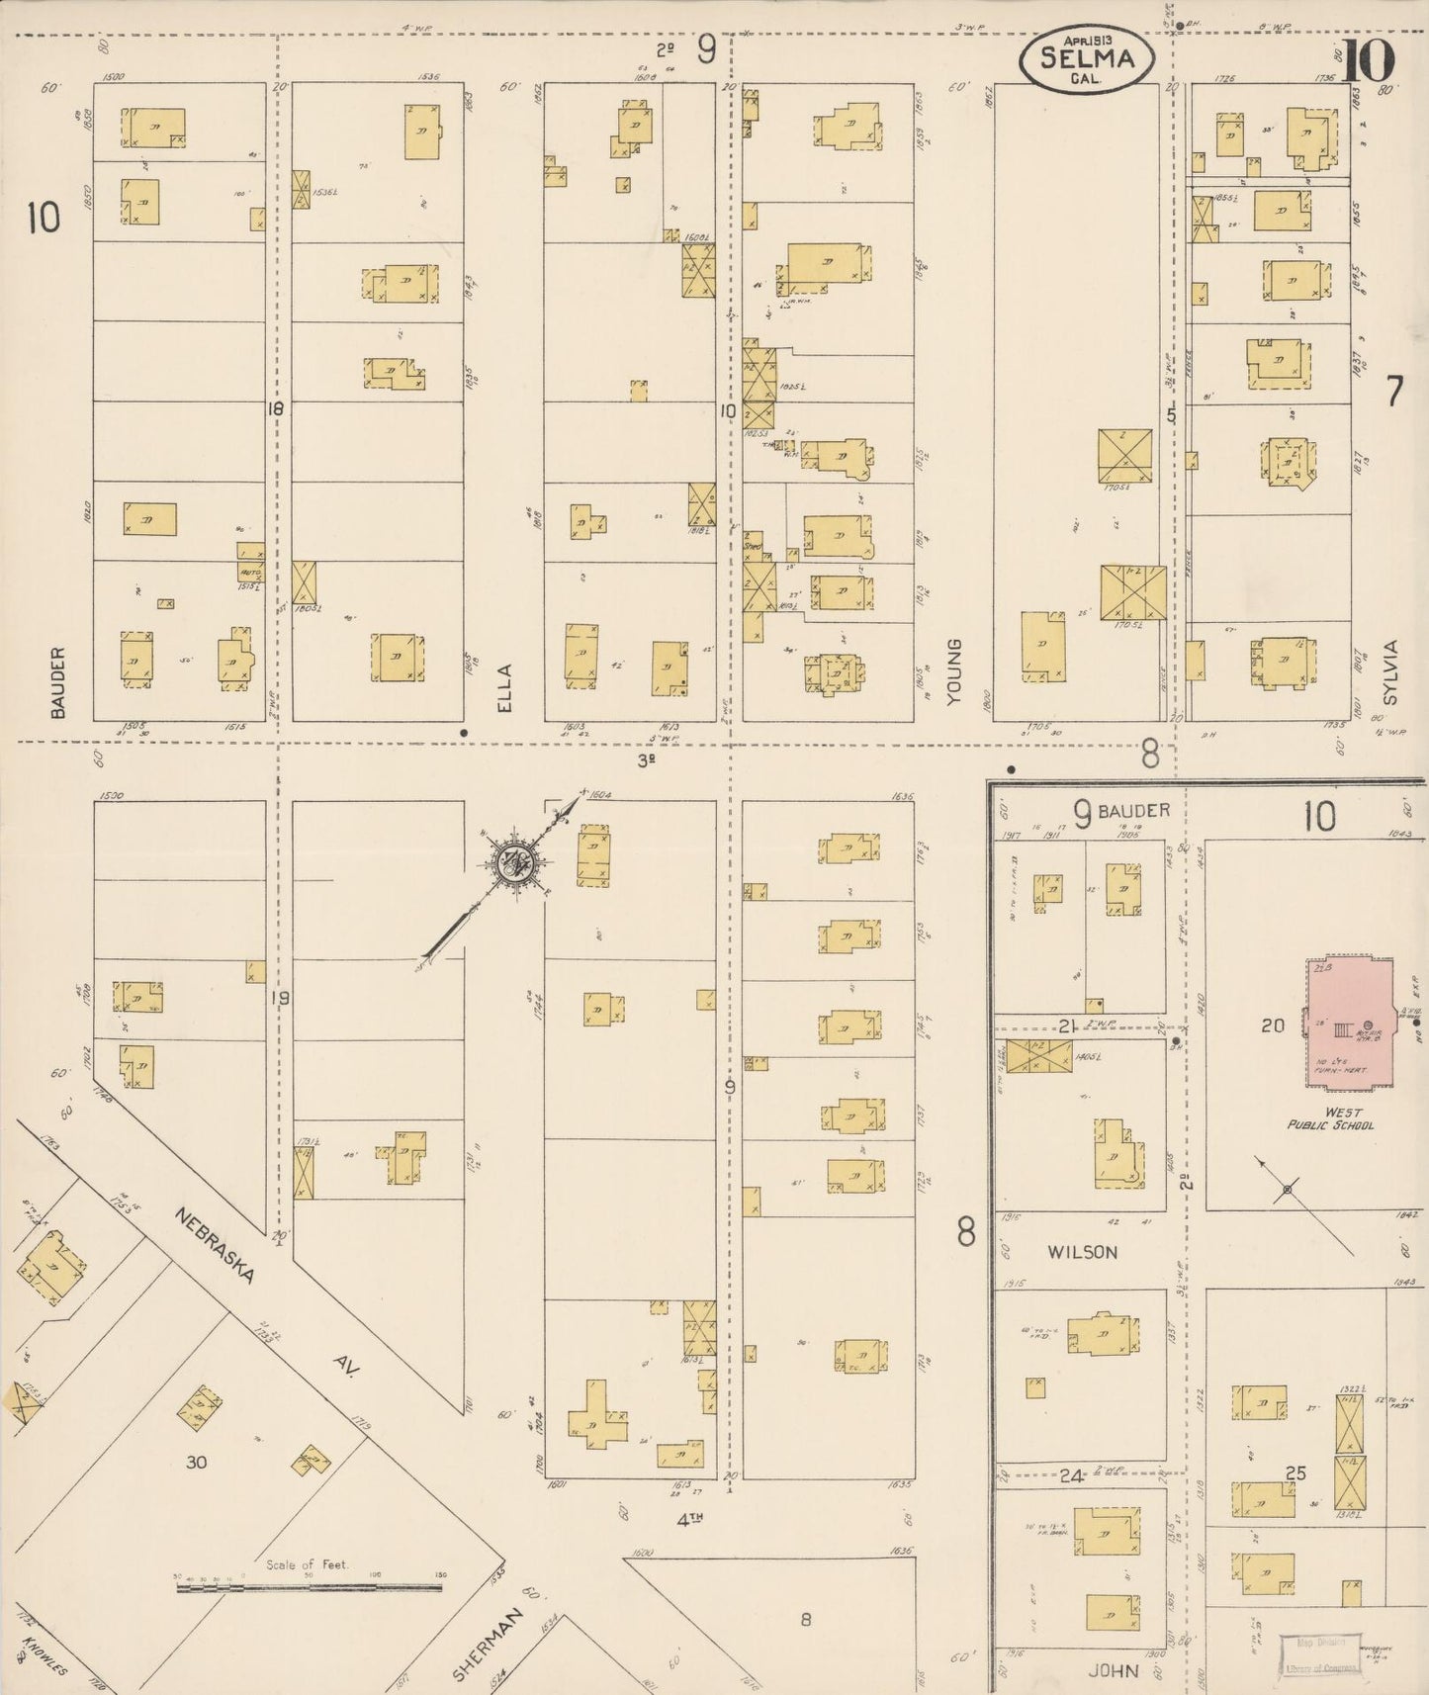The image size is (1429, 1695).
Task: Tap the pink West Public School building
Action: click(1349, 1020)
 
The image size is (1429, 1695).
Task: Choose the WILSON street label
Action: click(1082, 1252)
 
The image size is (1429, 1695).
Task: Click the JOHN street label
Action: click(1113, 1670)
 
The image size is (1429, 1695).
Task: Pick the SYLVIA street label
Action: click(1392, 672)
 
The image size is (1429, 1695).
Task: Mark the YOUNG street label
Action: click(953, 671)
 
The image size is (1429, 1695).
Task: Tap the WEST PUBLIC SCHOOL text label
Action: click(1330, 1118)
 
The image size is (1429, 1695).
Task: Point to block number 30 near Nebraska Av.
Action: click(197, 1461)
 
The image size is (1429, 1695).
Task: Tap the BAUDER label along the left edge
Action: click(57, 682)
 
